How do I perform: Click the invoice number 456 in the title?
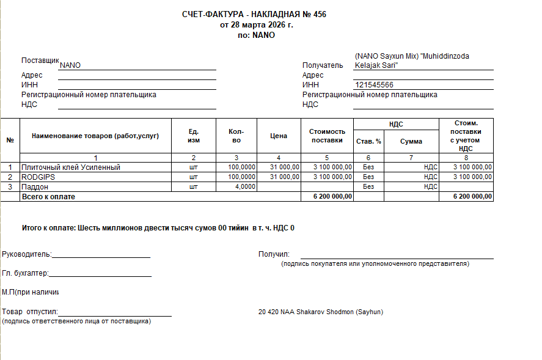point(320,15)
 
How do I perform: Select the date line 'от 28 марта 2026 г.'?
point(257,25)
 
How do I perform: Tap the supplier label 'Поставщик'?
point(40,61)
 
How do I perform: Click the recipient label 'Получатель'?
point(323,65)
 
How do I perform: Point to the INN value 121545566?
point(374,85)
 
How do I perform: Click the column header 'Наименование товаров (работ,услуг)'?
point(95,136)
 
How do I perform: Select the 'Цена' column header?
point(279,136)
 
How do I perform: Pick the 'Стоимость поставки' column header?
point(327,136)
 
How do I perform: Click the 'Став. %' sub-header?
point(368,141)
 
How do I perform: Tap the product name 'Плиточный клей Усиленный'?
point(71,167)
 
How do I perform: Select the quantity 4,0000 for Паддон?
point(245,186)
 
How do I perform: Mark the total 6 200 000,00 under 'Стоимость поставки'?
point(332,196)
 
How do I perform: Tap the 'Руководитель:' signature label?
point(27,254)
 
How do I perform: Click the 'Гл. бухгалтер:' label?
point(25,274)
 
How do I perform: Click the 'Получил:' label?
point(274,254)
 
